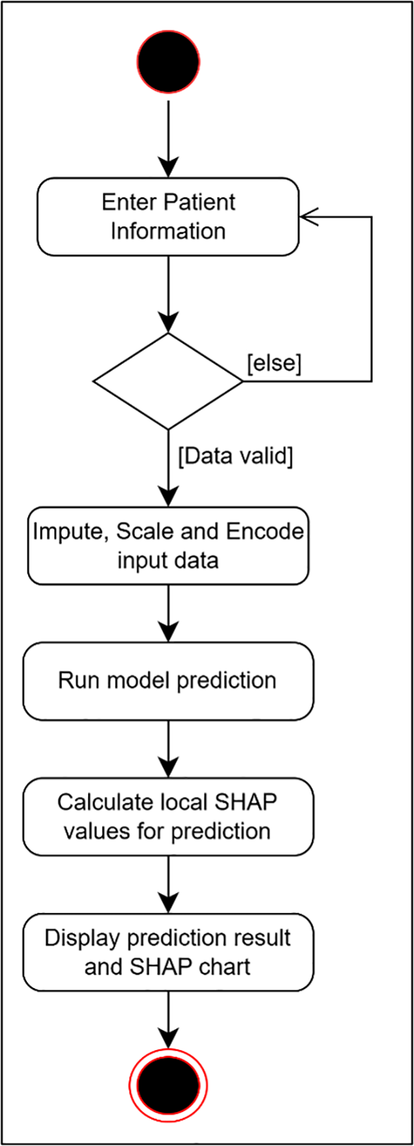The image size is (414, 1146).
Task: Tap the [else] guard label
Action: point(274,363)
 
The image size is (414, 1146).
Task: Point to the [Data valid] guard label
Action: point(235,455)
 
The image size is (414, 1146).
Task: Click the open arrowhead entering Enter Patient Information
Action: point(309,217)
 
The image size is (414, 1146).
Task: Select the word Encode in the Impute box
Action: point(265,532)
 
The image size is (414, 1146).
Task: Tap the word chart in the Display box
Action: point(225,967)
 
